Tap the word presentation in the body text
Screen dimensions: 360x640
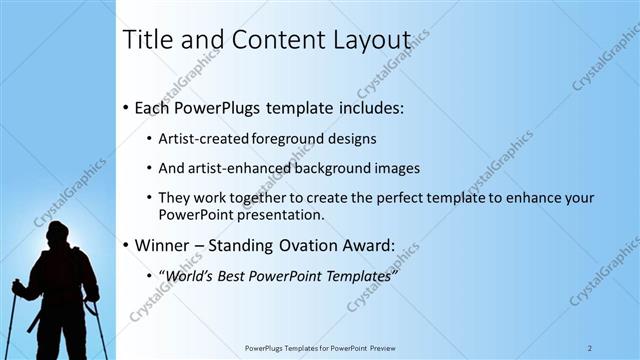coord(264,214)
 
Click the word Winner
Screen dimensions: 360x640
coord(164,244)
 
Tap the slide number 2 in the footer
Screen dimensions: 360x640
coord(591,348)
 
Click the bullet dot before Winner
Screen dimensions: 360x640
coord(125,245)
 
